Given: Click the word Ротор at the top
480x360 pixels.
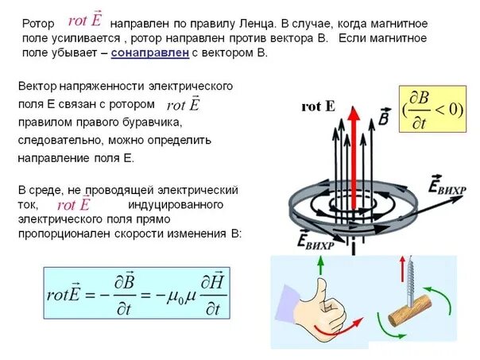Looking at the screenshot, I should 37,24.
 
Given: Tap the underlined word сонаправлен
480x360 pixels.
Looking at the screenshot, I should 149,52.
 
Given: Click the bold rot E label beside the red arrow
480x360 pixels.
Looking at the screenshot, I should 318,106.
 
